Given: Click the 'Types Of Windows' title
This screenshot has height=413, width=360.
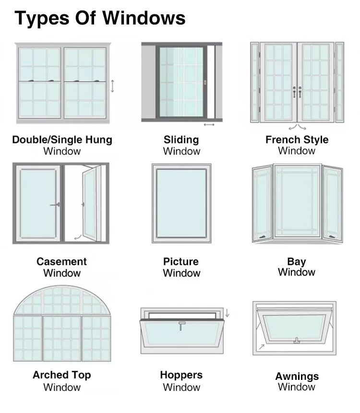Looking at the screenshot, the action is point(100,18).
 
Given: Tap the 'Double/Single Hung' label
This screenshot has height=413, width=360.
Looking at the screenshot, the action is point(62,140).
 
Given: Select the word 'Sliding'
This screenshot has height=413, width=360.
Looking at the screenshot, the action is point(181,140).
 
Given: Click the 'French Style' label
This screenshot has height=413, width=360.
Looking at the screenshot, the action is point(297,140).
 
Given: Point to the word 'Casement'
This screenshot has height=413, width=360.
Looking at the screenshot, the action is point(61,261).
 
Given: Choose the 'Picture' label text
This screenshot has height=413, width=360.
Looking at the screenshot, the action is point(181,261).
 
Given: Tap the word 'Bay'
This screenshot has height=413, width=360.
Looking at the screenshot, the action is point(297,261).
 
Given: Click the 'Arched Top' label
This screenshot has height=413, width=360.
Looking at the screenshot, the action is point(61,375).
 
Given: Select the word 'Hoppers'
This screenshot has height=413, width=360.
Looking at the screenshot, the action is point(181,375).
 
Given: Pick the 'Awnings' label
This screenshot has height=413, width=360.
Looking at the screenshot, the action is point(297,376).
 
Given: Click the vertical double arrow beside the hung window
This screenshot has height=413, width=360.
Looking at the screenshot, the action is point(112,86).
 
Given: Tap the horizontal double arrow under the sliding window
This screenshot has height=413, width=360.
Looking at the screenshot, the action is point(209,125).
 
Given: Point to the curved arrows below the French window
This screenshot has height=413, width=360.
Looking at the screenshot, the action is point(297,127).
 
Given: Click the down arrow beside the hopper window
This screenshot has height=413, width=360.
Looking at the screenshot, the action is point(228,312).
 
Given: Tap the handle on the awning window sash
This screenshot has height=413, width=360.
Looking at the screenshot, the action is point(297,341).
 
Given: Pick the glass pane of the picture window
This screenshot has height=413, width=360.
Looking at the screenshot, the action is point(181,202).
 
